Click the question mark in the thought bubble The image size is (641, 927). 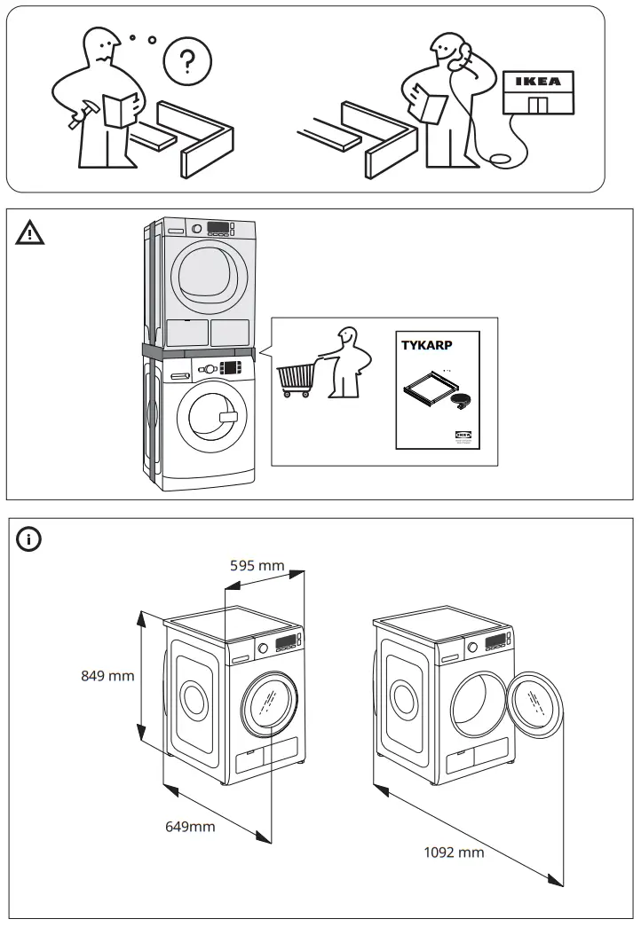[186, 62]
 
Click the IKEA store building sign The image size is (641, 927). [538, 82]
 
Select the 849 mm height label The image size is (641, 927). [107, 676]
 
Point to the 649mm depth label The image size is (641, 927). [190, 827]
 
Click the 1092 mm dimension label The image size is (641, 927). [455, 852]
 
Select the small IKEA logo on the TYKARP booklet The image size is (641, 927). [465, 435]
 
